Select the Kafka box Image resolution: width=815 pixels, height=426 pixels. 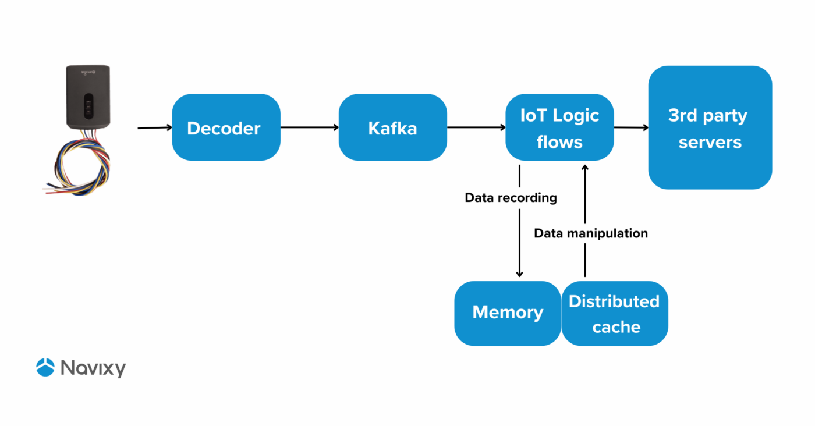(392, 127)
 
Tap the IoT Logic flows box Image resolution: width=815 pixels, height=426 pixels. (559, 127)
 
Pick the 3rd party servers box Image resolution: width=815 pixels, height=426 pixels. (710, 127)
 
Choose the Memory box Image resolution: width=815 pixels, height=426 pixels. (507, 313)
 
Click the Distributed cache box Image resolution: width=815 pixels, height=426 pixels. (615, 314)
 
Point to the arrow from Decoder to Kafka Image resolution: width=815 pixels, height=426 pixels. (309, 127)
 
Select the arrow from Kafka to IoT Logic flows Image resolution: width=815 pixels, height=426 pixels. (476, 127)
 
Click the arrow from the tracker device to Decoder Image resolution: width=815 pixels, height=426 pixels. (154, 127)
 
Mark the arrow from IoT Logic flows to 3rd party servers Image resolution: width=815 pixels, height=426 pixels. (631, 127)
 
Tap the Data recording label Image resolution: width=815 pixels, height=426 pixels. (511, 198)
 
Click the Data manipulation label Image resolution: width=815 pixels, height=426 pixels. (591, 233)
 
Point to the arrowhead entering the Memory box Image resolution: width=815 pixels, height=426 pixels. (519, 274)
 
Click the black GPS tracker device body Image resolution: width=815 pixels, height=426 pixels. (87, 97)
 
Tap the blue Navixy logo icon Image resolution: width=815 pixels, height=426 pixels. (45, 367)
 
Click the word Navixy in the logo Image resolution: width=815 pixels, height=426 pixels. (93, 368)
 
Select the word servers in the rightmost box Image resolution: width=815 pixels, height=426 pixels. (710, 142)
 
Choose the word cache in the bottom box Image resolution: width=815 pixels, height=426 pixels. (616, 327)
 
